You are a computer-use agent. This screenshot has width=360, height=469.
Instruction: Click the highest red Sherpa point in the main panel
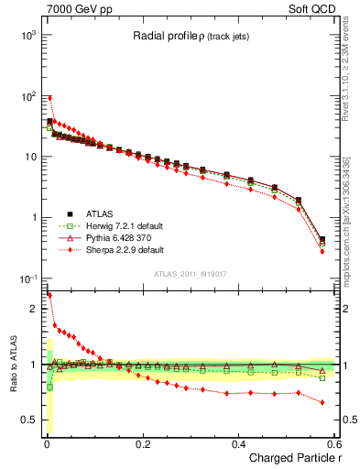49,97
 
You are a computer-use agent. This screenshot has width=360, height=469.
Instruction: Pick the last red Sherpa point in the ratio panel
322,402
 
